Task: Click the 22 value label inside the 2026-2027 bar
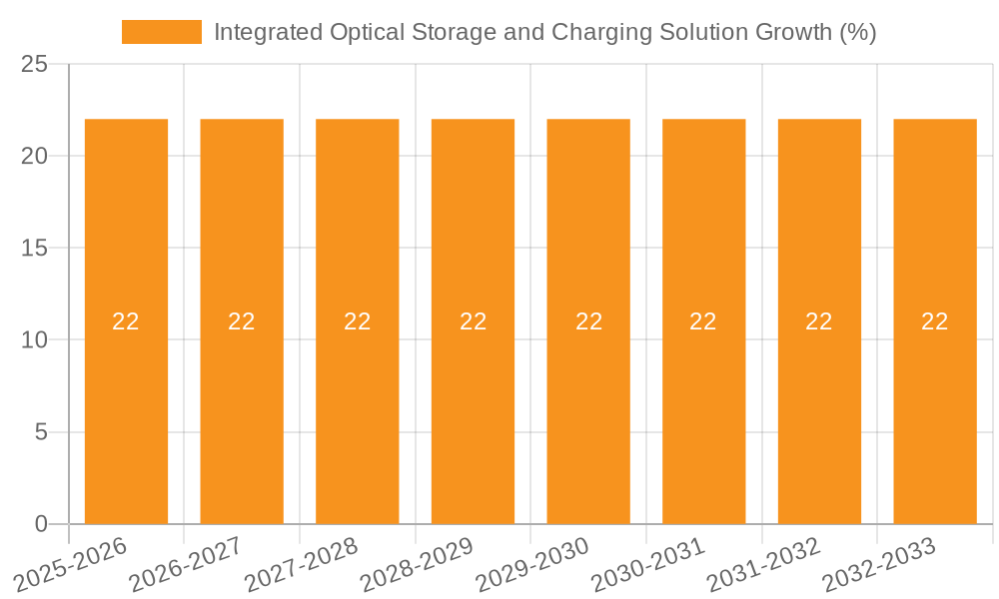point(242,321)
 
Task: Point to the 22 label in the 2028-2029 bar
point(473,321)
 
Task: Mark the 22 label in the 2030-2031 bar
point(703,321)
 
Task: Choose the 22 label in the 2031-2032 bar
point(819,321)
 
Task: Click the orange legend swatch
point(161,32)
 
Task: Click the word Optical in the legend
point(369,32)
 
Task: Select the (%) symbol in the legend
point(857,32)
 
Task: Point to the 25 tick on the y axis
point(34,64)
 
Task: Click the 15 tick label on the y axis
point(34,248)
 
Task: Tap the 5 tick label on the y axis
point(41,432)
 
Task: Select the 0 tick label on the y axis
point(41,524)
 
